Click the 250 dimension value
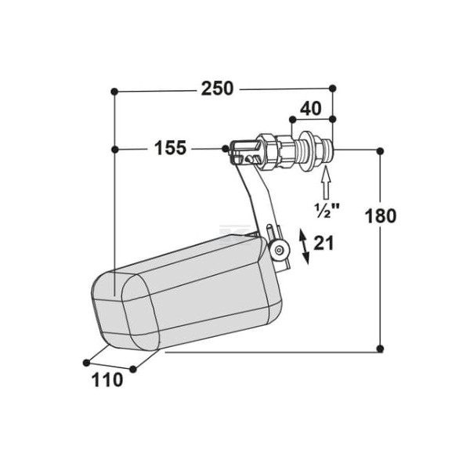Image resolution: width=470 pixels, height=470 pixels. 217,89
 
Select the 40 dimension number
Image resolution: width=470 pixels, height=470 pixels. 310,109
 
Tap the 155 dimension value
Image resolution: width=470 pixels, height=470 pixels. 170,148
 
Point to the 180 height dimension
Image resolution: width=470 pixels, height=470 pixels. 381,216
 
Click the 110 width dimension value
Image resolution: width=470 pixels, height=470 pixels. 107,380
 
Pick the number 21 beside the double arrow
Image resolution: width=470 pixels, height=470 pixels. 324,243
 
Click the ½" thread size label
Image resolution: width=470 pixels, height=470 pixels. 327,210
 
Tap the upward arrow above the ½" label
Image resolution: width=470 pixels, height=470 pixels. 326,184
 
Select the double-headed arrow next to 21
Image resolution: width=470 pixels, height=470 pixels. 305,247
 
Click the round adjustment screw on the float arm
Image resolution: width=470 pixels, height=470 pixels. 280,250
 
